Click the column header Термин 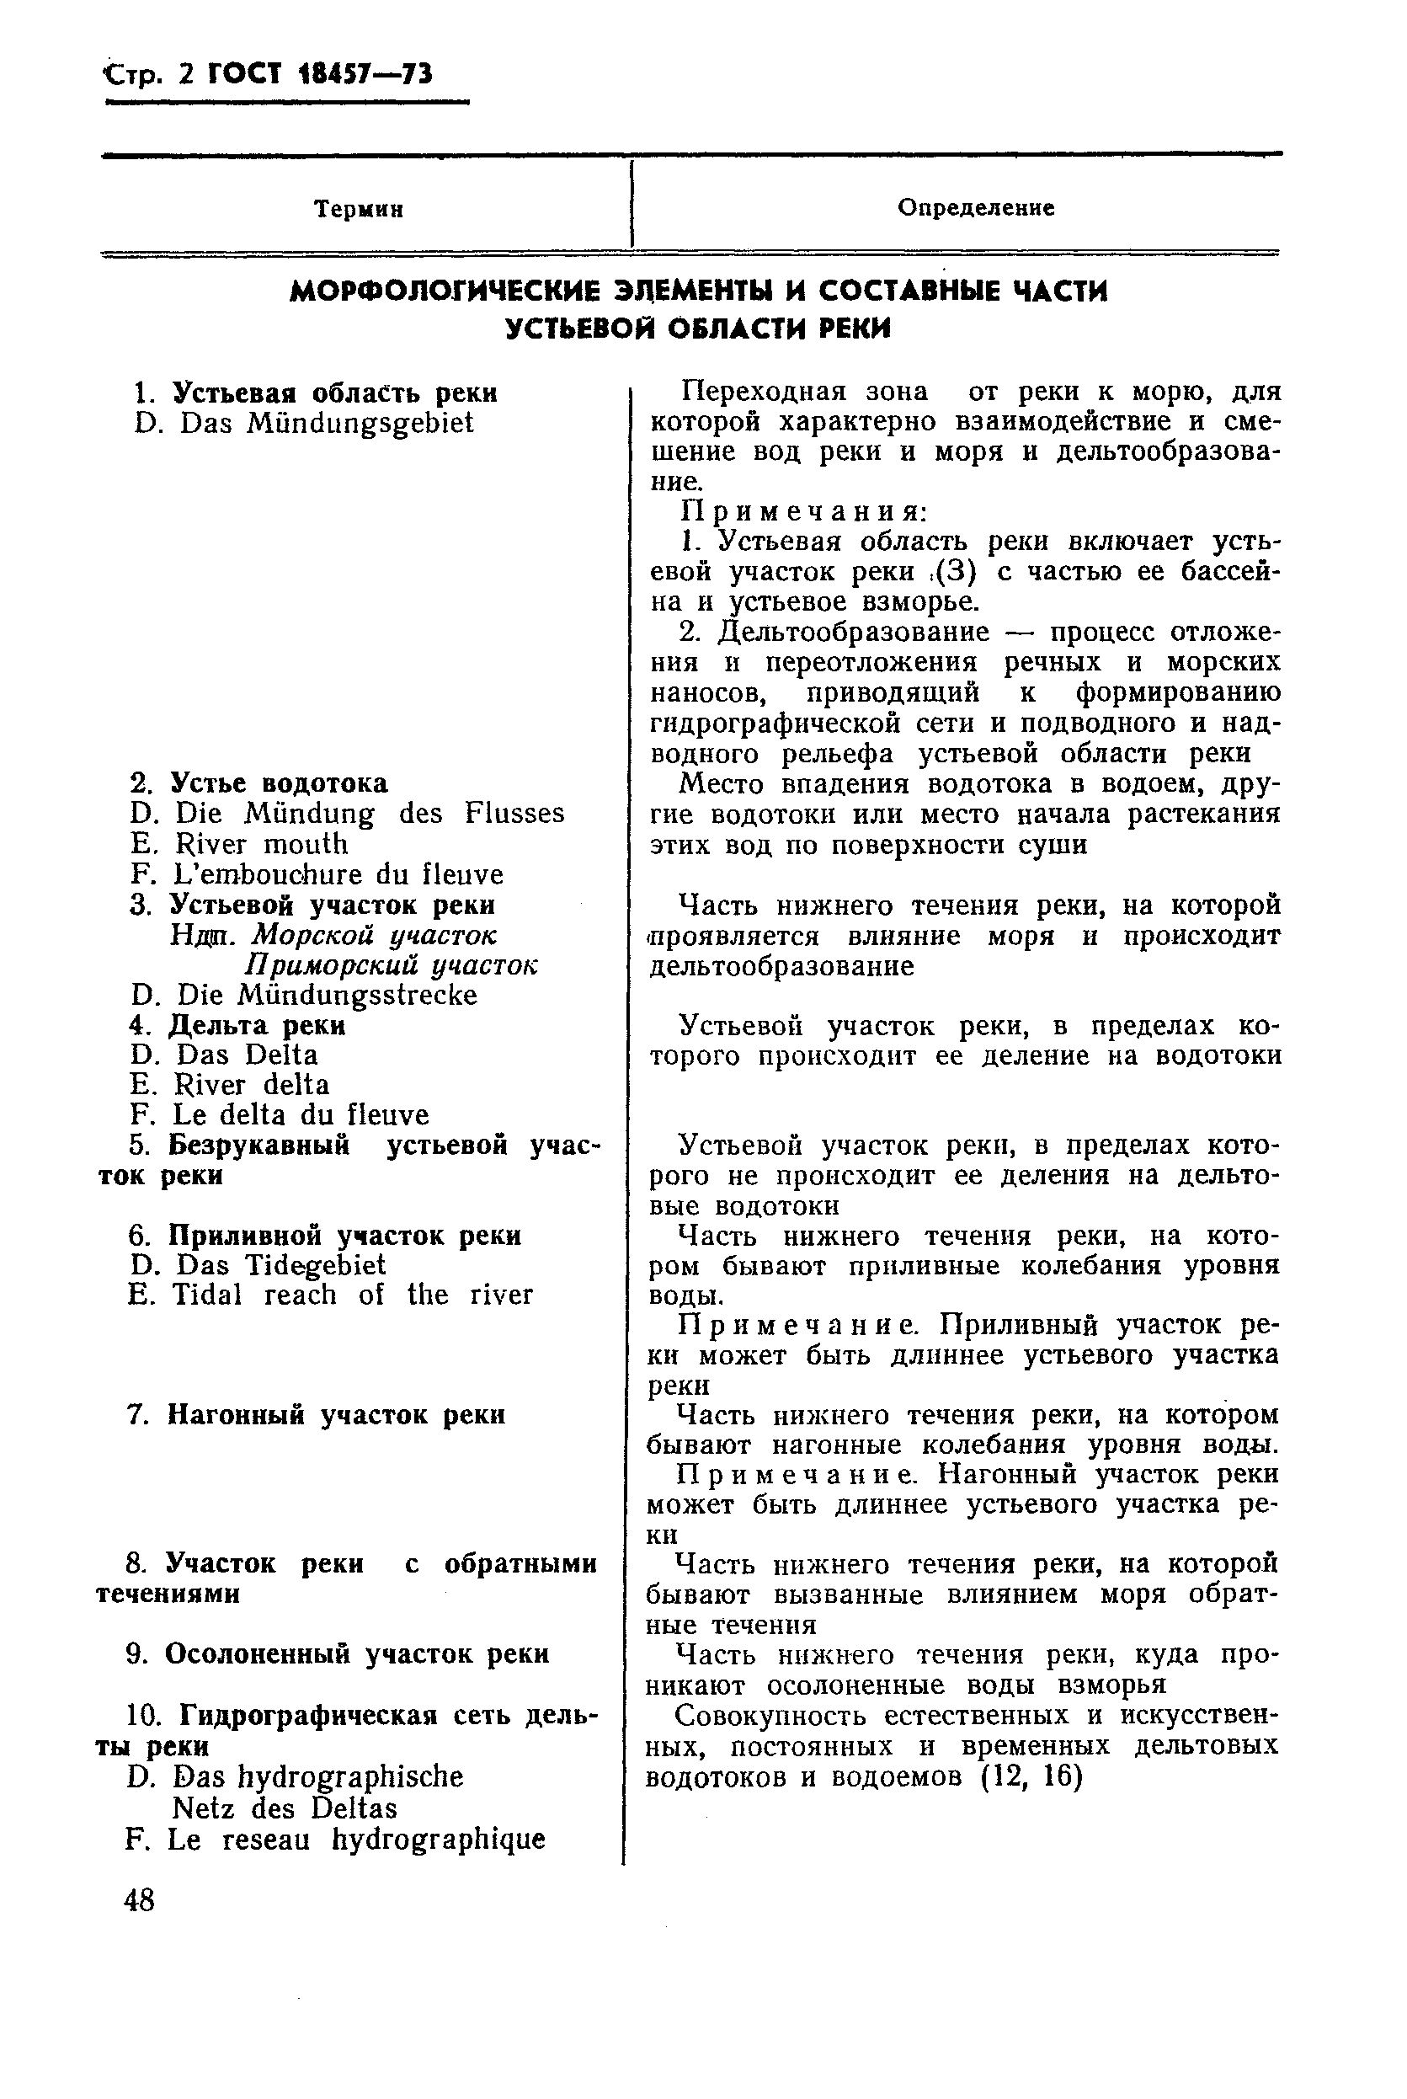[358, 210]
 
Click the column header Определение [975, 208]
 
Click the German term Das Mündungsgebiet [326, 424]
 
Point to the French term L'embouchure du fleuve [338, 874]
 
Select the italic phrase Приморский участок [392, 965]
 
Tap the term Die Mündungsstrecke [327, 996]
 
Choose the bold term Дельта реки [257, 1025]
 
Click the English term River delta [251, 1085]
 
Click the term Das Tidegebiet [280, 1265]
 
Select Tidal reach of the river [352, 1295]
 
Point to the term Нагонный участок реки [336, 1415]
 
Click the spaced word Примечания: [802, 511]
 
